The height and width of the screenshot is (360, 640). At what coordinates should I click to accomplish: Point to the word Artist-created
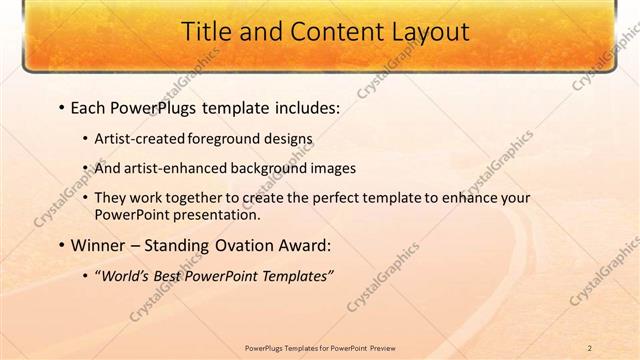click(135, 140)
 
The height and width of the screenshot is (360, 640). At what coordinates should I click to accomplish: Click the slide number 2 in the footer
click(590, 348)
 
